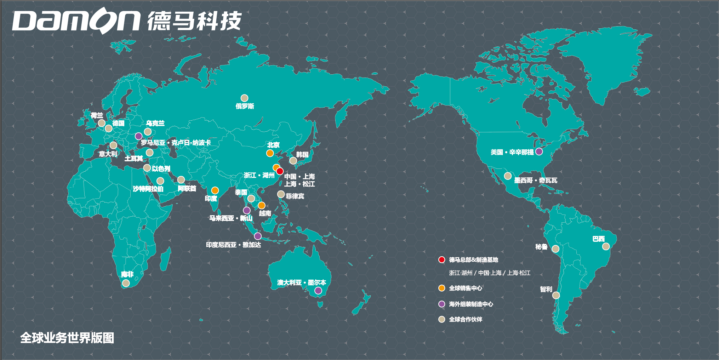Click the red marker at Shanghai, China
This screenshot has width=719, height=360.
(280, 171)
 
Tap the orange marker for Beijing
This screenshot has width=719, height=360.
(270, 153)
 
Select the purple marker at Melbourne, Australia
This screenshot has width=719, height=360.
(318, 291)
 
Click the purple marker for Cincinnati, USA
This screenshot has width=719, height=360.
(539, 152)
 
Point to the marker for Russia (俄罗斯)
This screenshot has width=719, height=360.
(244, 98)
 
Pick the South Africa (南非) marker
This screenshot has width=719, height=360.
(126, 283)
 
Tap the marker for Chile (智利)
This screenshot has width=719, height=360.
(556, 295)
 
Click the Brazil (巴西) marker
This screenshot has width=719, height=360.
(606, 246)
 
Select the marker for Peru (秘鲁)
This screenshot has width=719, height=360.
(555, 249)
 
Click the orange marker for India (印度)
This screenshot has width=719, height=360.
(215, 190)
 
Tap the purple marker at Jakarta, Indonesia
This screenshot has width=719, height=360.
(258, 236)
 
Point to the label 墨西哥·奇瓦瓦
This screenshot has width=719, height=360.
(536, 181)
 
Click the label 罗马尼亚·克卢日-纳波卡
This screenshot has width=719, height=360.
(176, 143)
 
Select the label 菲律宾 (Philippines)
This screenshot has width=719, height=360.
(295, 196)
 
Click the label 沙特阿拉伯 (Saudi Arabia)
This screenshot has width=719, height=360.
(148, 189)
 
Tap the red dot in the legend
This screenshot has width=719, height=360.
(441, 259)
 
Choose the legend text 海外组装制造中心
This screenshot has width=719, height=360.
(471, 304)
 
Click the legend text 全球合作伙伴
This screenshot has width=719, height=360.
(466, 319)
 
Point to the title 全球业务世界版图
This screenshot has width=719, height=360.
(67, 338)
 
